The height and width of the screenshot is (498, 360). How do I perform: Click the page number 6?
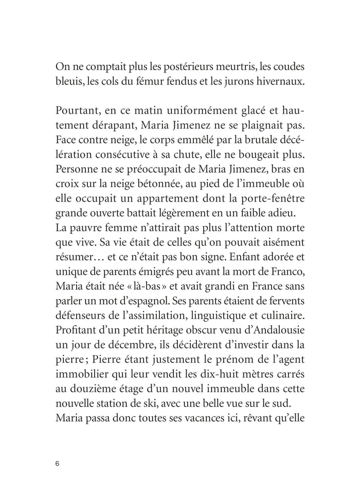click(x=58, y=449)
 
